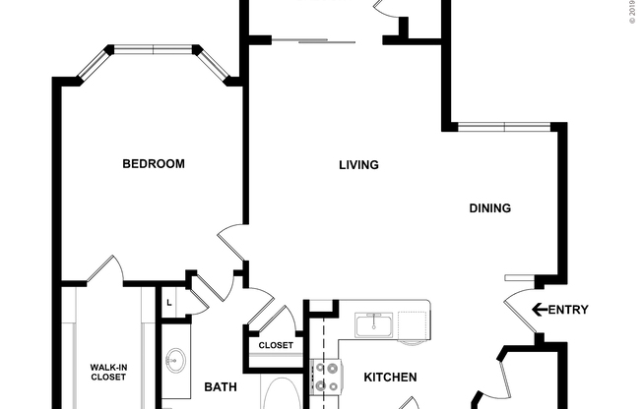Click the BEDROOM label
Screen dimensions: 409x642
tap(153, 164)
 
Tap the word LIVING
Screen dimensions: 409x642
tap(358, 165)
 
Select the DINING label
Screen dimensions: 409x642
tap(489, 207)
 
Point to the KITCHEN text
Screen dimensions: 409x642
tap(391, 378)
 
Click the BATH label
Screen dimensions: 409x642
tap(221, 387)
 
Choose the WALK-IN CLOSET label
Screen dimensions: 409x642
tap(108, 372)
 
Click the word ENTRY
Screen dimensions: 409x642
tap(567, 311)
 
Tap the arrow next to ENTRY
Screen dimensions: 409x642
tap(539, 311)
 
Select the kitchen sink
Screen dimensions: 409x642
tap(374, 324)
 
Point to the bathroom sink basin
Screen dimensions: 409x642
tap(176, 361)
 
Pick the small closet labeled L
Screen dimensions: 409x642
tap(169, 302)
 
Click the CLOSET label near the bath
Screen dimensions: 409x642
tap(276, 345)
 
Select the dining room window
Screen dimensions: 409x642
tap(504, 126)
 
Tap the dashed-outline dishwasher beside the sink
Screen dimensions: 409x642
tap(414, 324)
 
